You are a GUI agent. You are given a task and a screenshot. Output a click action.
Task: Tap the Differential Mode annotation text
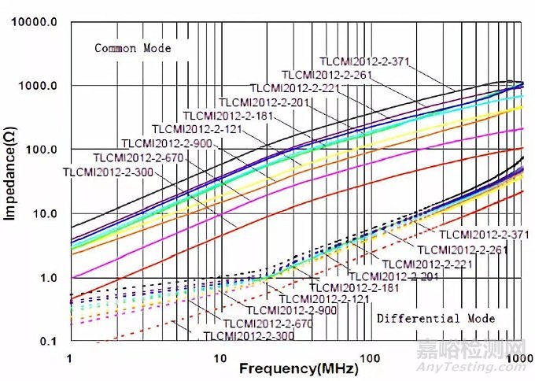pos(436,318)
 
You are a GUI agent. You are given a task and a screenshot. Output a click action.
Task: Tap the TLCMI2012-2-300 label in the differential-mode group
pos(243,336)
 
